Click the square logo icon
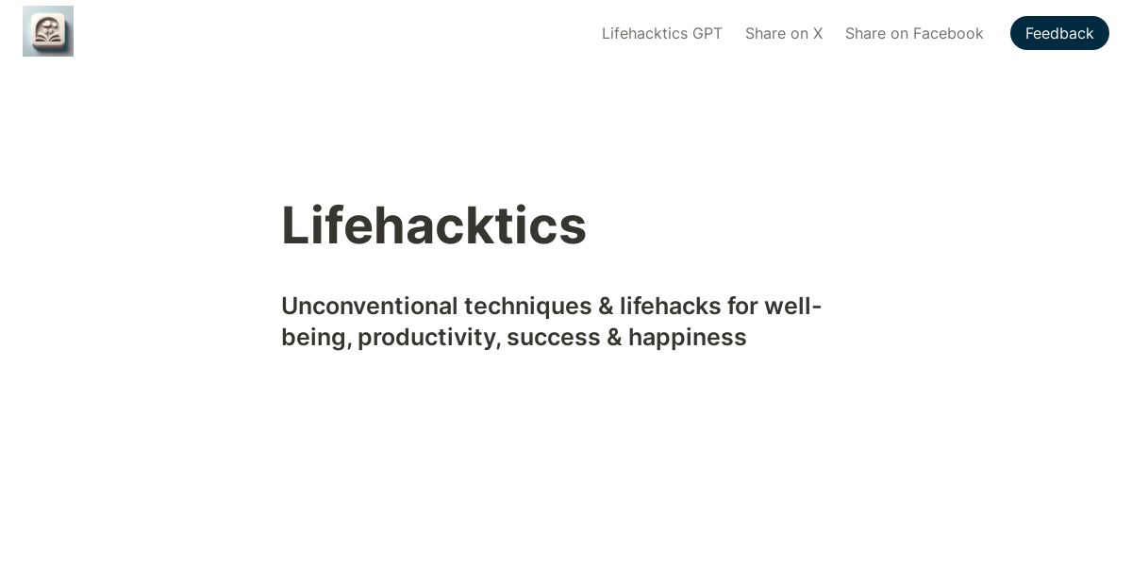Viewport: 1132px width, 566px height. point(48,31)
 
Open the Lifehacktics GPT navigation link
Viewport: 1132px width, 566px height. point(662,33)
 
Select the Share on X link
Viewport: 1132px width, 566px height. point(784,33)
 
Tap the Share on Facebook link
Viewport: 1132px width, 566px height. point(914,33)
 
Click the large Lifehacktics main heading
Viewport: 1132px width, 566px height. point(434,225)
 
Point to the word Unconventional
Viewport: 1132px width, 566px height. point(370,307)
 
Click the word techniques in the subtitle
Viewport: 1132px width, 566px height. point(528,308)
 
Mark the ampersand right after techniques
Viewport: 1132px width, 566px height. point(606,307)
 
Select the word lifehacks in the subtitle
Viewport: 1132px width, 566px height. point(671,307)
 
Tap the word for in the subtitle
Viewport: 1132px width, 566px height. point(743,307)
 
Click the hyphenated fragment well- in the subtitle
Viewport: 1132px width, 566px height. point(793,307)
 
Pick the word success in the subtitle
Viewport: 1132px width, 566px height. point(554,338)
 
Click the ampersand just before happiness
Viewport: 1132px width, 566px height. point(614,338)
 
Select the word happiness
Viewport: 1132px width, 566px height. point(688,338)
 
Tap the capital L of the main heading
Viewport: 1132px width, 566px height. point(295,225)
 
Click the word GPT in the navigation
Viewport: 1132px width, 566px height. point(707,33)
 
